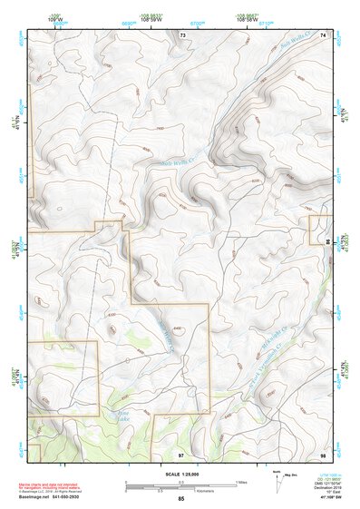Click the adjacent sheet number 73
pos(183,34)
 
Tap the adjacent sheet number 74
pos(323,34)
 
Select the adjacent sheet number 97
pos(181,453)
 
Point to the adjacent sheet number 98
pos(323,453)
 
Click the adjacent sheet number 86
pos(327,242)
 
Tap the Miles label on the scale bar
pos(241,481)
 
